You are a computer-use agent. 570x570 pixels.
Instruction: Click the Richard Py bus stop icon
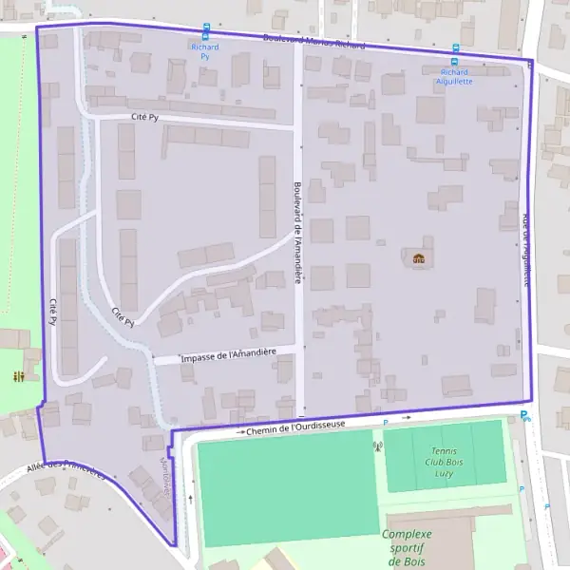206,29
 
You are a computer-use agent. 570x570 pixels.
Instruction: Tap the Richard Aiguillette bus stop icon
455,49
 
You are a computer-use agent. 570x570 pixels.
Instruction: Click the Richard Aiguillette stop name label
455,76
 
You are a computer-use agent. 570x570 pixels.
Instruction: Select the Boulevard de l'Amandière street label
297,233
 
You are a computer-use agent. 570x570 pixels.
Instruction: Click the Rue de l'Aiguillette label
525,250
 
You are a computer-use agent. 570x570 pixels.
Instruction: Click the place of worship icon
418,257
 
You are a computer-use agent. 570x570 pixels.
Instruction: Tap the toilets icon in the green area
19,376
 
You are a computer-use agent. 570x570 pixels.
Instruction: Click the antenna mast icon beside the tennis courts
377,446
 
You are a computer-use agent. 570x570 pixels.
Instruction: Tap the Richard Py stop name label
204,51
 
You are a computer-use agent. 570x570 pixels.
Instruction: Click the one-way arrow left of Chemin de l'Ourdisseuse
232,432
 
